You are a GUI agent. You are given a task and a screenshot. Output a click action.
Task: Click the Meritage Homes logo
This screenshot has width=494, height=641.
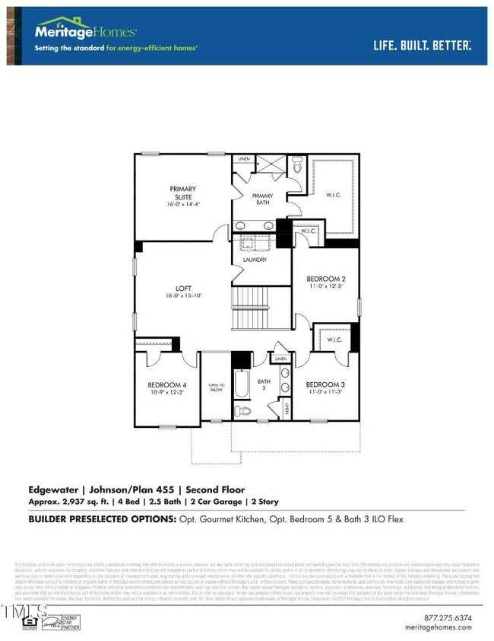point(86,31)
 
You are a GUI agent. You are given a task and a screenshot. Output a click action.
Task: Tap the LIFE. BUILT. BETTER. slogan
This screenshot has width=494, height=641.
point(422,45)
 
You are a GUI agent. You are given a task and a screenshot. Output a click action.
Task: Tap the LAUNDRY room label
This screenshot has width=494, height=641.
point(255,260)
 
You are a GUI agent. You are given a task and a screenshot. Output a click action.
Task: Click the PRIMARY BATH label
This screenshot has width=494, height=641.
point(263,199)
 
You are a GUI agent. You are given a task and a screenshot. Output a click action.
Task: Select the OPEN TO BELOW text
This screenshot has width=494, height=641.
point(214,389)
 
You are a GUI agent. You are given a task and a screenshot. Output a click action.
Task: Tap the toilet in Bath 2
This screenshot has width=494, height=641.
point(243,411)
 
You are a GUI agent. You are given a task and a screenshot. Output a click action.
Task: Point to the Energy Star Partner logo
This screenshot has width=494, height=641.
point(69,623)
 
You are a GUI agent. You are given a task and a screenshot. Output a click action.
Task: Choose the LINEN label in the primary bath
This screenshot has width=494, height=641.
point(243,159)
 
